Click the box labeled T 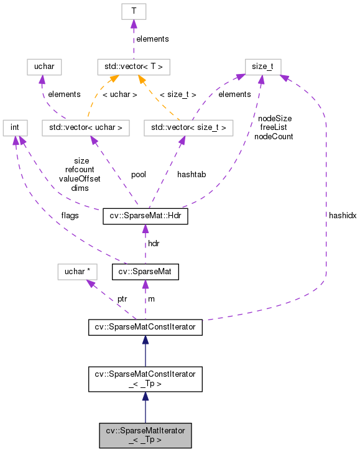click(x=134, y=12)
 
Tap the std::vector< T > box click(x=134, y=66)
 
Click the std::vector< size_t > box click(x=188, y=128)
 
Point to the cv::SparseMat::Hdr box click(x=145, y=217)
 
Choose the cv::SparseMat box click(x=145, y=271)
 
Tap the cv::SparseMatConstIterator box click(x=145, y=325)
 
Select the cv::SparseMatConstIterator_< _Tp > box click(x=145, y=379)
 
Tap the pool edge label click(x=138, y=175)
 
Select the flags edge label click(x=70, y=216)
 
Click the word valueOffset click(x=80, y=178)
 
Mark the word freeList click(x=274, y=127)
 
